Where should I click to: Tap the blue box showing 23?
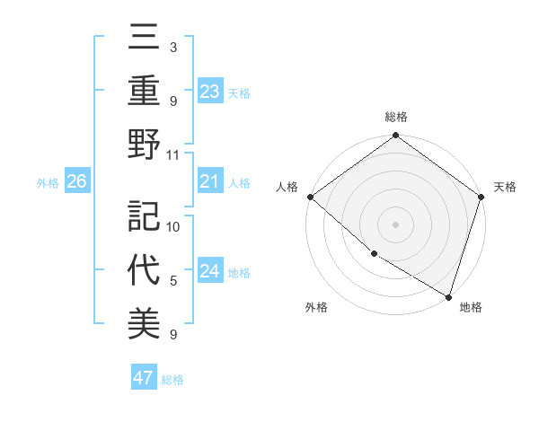pyautogui.click(x=210, y=92)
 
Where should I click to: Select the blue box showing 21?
pyautogui.click(x=210, y=182)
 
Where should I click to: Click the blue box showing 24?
pyautogui.click(x=210, y=272)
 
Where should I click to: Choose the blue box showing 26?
pyautogui.click(x=77, y=182)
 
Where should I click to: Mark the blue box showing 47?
pyautogui.click(x=144, y=378)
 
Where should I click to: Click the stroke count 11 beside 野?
pyautogui.click(x=173, y=154)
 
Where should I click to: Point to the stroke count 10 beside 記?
pyautogui.click(x=173, y=226)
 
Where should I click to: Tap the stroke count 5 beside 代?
pyautogui.click(x=173, y=281)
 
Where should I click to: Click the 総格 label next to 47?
pyautogui.click(x=172, y=380)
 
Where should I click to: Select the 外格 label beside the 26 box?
pyautogui.click(x=48, y=183)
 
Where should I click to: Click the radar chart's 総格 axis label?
pyautogui.click(x=396, y=117)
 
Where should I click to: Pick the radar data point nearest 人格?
pyautogui.click(x=310, y=197)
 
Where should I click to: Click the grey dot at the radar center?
pyautogui.click(x=396, y=224)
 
